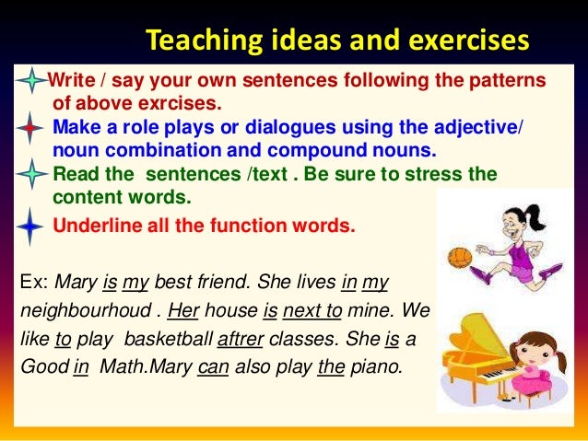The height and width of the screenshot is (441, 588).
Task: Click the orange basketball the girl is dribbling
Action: (x=458, y=257)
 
